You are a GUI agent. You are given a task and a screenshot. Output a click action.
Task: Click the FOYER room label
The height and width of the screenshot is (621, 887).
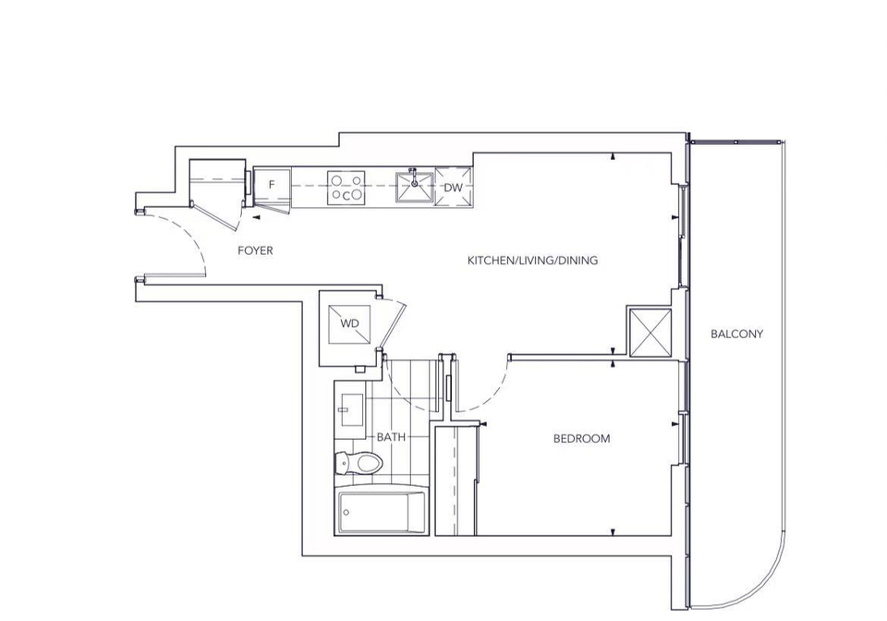point(255,250)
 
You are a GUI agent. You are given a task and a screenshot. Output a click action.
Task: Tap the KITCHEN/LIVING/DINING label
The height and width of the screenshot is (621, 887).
point(532,261)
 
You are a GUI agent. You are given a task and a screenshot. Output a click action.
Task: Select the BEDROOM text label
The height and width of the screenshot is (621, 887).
point(581,438)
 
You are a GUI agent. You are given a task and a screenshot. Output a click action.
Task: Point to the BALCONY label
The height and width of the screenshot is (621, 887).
point(737,334)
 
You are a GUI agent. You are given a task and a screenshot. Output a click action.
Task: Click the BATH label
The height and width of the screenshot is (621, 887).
point(391,436)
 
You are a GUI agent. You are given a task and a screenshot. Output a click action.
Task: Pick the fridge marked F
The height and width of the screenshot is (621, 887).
point(272,185)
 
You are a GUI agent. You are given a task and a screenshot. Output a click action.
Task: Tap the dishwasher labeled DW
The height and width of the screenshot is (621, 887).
point(453,188)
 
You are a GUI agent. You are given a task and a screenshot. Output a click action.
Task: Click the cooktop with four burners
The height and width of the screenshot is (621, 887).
point(346,188)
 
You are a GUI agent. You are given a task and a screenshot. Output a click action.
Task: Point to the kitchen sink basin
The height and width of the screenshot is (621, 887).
point(414,188)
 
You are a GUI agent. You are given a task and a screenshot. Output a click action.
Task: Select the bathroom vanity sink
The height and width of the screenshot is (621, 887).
point(350,409)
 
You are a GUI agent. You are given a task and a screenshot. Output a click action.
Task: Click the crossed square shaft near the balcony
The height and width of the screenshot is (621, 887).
point(650,333)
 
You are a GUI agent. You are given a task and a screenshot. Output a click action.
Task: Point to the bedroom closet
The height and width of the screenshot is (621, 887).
point(456,481)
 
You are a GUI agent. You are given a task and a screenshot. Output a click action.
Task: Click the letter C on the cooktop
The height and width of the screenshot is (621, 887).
point(346,196)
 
